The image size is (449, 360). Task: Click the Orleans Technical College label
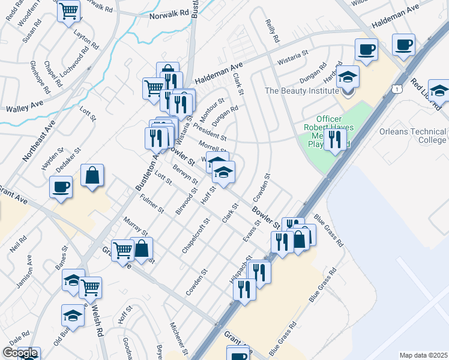(x=412, y=136)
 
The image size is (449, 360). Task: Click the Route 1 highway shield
(x=397, y=88)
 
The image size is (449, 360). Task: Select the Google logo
(x=20, y=353)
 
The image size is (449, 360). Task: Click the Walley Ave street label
(x=25, y=106)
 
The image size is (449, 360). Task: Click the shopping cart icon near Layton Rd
(x=69, y=10)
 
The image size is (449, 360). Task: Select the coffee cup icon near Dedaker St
(x=61, y=187)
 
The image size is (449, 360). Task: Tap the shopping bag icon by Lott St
(x=92, y=176)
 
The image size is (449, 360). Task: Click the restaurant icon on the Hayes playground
(x=335, y=140)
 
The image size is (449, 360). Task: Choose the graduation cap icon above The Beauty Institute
(x=348, y=77)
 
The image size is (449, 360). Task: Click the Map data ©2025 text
(x=423, y=355)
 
